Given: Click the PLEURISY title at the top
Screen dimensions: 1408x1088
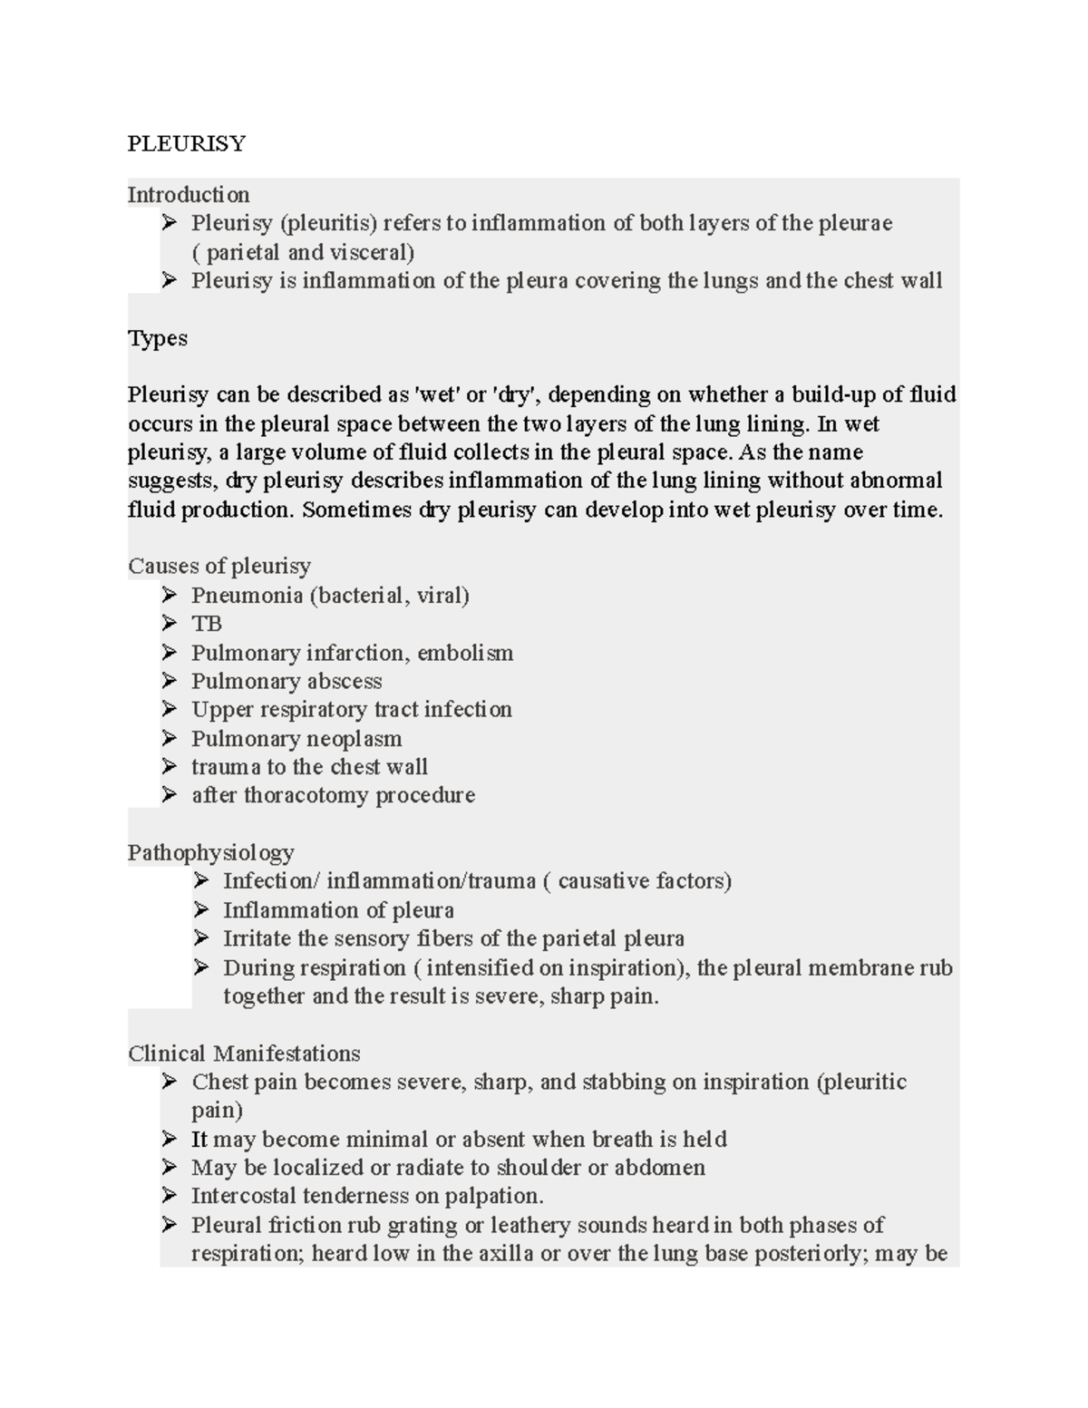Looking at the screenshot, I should [x=186, y=144].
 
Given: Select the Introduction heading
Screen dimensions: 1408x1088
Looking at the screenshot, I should [x=188, y=195].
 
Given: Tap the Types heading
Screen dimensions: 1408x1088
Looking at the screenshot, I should [x=158, y=338].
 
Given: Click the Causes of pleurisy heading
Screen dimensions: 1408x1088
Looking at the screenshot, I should [x=219, y=567].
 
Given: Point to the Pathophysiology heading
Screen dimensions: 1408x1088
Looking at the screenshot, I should [x=210, y=853].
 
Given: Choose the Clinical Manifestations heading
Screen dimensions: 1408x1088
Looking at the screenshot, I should [x=244, y=1054].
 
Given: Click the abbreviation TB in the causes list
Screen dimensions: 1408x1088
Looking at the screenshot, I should [x=207, y=624].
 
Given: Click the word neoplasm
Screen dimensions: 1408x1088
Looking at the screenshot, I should [x=355, y=739].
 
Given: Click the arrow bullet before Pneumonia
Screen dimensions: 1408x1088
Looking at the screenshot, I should [x=170, y=595].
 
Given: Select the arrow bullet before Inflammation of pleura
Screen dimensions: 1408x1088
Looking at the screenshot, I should [x=201, y=909].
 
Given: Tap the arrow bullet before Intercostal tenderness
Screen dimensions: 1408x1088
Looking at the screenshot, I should [x=170, y=1196].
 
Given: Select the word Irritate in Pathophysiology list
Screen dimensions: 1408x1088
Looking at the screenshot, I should [x=257, y=938].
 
